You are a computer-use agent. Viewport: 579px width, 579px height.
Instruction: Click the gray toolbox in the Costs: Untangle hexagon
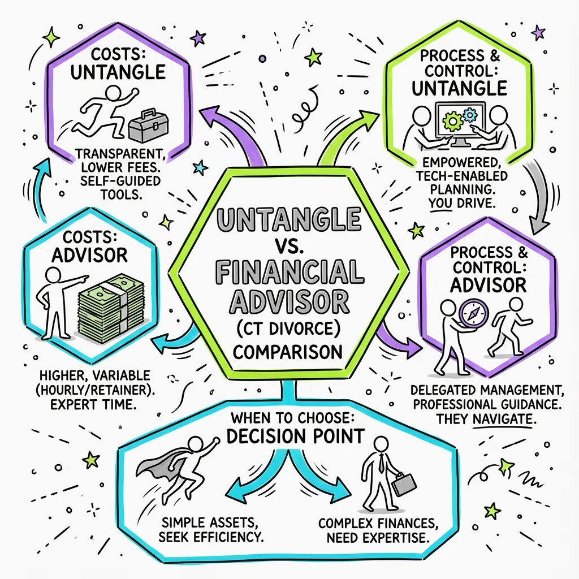pyautogui.click(x=148, y=126)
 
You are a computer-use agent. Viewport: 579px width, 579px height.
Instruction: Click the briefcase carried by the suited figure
pyautogui.click(x=403, y=484)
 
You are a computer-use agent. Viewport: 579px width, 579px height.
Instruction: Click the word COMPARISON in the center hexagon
pyautogui.click(x=288, y=352)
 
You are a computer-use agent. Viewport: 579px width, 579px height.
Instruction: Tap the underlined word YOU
pyautogui.click(x=440, y=203)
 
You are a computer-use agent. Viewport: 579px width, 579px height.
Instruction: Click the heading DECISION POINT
pyautogui.click(x=295, y=436)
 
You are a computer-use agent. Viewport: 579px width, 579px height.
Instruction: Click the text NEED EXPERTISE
pyautogui.click(x=378, y=538)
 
